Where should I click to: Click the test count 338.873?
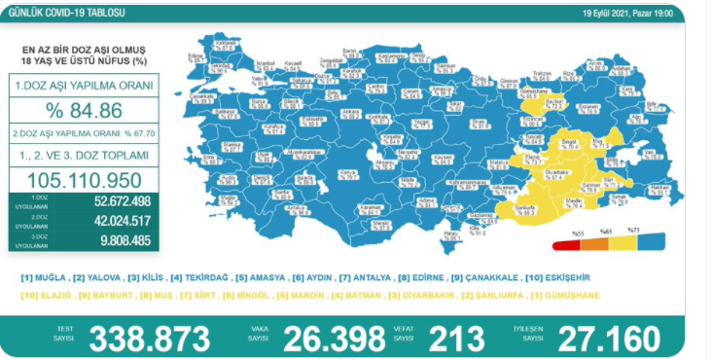150,339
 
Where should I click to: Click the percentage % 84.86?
84,109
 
